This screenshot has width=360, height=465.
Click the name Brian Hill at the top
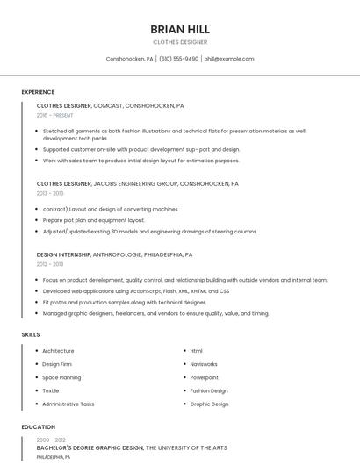(x=180, y=29)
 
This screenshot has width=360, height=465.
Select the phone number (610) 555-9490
(x=179, y=59)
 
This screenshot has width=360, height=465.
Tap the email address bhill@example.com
(x=229, y=59)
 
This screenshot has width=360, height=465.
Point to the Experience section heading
(x=38, y=92)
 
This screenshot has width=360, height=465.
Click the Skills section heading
(x=31, y=334)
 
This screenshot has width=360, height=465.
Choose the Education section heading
(x=38, y=426)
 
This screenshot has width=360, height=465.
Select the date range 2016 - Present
(x=55, y=115)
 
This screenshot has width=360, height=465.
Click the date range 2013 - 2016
(x=50, y=193)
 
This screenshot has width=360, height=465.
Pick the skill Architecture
(x=58, y=351)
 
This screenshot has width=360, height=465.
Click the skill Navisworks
(x=204, y=364)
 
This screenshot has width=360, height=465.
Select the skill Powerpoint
(x=204, y=377)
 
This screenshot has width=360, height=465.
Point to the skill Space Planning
(x=61, y=377)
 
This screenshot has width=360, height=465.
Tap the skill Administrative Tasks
(x=68, y=404)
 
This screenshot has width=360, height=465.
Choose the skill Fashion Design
(x=209, y=390)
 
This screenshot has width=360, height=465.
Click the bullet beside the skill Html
(x=184, y=351)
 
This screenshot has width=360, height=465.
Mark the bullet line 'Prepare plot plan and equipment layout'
(x=94, y=220)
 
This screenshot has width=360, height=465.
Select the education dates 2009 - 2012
(x=51, y=440)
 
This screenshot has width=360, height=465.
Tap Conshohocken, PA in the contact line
(x=130, y=59)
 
